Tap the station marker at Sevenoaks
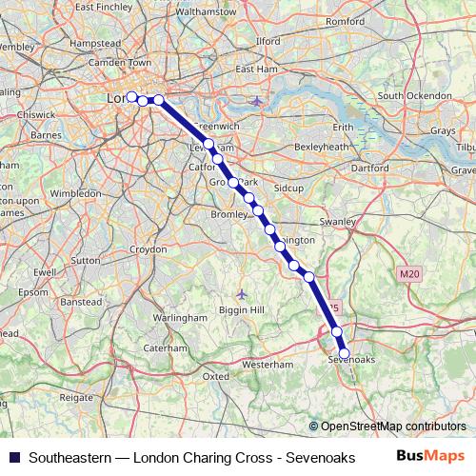[x=345, y=353]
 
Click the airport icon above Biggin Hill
[x=242, y=293]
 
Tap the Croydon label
[x=148, y=248]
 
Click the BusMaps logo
[x=430, y=455]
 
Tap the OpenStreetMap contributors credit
[x=393, y=426]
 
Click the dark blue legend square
[x=12, y=456]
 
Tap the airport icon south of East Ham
[x=257, y=101]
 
